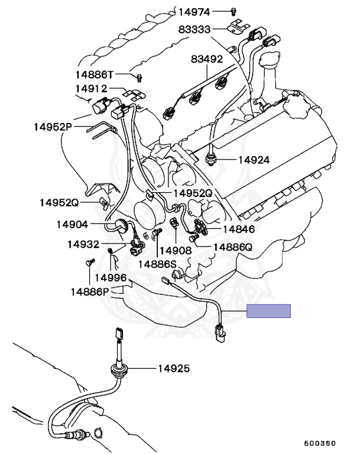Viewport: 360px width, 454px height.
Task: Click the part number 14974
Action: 194,11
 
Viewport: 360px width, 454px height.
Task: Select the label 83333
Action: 194,30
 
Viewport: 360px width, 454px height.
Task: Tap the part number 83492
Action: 206,59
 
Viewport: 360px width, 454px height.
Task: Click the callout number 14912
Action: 91,89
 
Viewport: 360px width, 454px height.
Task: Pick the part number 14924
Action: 254,160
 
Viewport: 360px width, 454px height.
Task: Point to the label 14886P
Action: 90,291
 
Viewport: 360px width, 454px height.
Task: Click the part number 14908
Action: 176,250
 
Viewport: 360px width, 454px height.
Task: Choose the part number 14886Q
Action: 233,247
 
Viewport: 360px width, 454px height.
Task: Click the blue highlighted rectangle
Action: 269,312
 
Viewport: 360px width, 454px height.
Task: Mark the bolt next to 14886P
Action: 89,262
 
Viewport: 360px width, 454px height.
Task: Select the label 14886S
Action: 158,264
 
